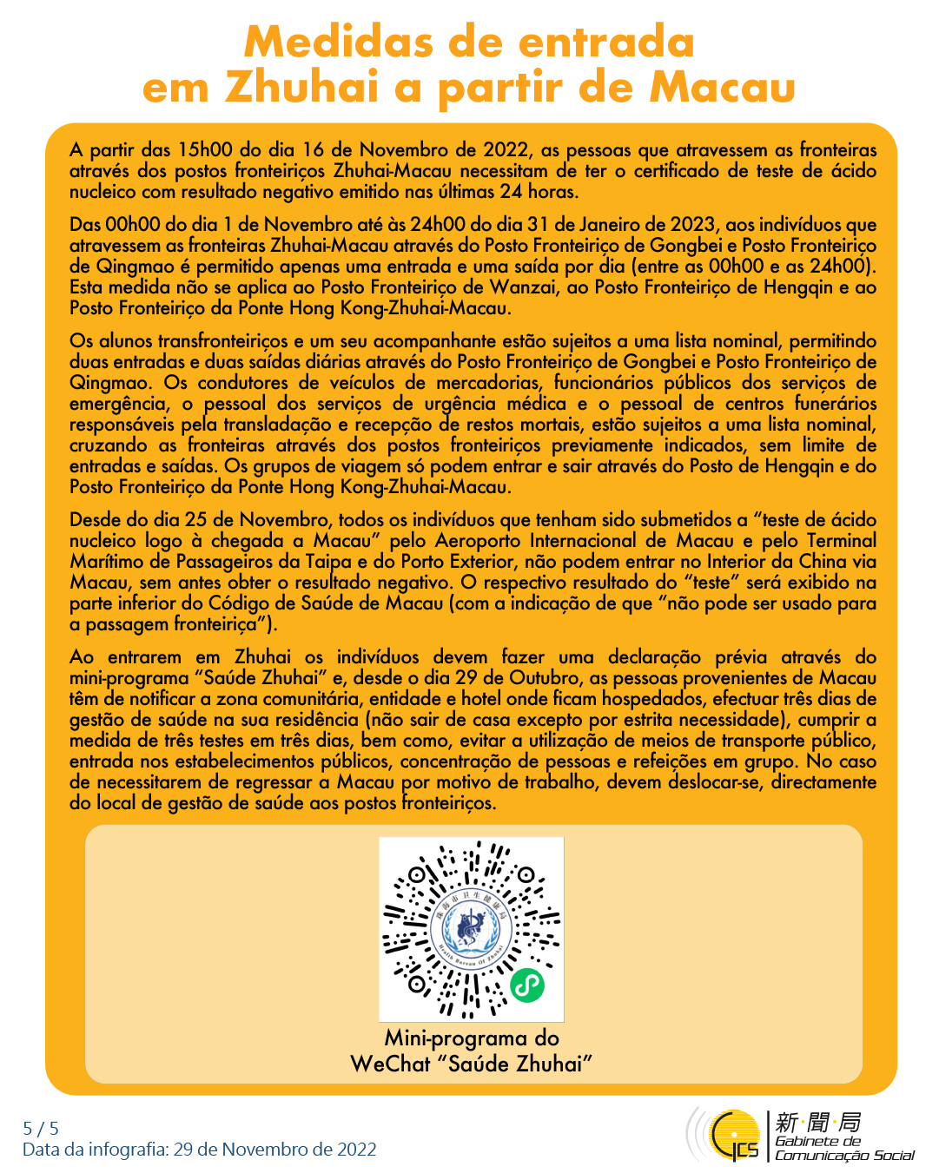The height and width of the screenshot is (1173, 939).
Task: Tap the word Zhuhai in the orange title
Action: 302,87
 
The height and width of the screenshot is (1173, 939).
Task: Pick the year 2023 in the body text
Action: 691,225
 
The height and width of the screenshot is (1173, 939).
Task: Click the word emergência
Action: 119,404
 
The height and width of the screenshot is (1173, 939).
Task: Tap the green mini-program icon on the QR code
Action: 526,985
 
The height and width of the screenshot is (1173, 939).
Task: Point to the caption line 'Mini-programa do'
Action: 472,1038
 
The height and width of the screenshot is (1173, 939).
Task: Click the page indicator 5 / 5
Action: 41,1129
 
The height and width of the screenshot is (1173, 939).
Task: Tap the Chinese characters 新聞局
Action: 817,1122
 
